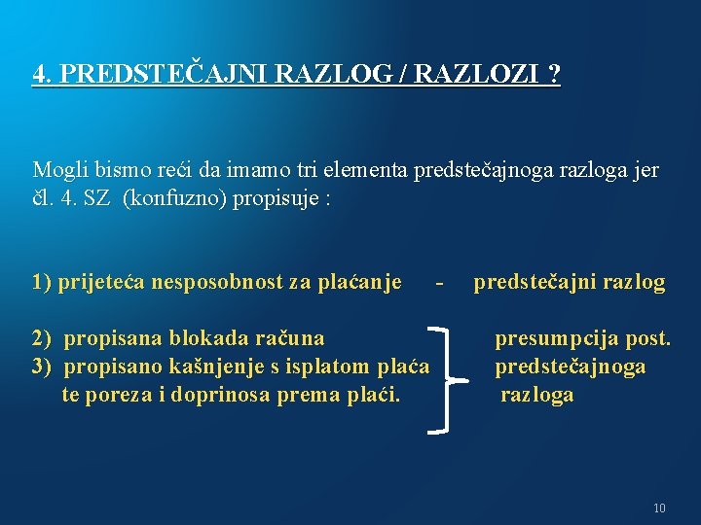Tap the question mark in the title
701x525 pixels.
[x=554, y=74]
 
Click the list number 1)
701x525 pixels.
[x=42, y=283]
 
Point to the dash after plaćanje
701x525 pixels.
[x=441, y=283]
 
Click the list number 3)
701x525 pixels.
[x=42, y=367]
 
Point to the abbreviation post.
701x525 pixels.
[x=646, y=338]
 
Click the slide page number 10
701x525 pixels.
[x=659, y=507]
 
